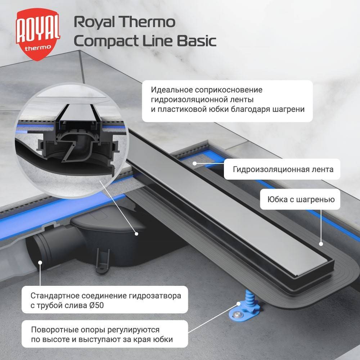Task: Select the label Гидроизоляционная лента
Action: [283, 169]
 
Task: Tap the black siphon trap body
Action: [104, 234]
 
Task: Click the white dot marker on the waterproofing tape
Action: [194, 163]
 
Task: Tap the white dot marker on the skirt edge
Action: [320, 244]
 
